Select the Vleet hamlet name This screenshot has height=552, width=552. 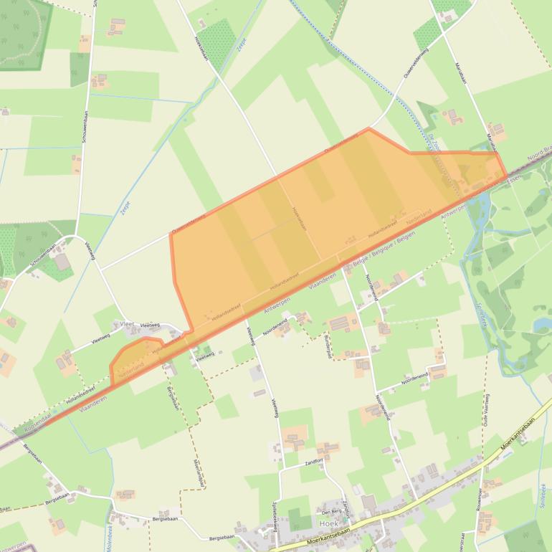click(128, 324)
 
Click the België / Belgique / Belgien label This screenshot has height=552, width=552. click(386, 252)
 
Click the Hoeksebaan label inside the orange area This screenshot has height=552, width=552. click(300, 217)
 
